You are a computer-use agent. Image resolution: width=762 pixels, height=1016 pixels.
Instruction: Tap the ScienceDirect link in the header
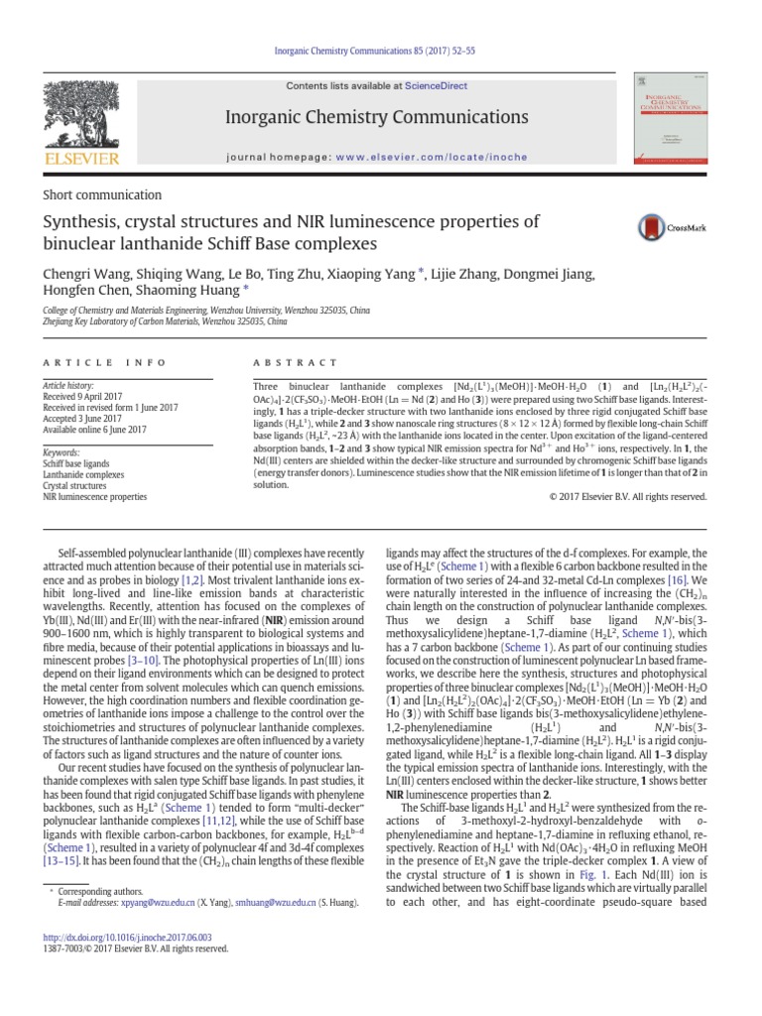[446, 86]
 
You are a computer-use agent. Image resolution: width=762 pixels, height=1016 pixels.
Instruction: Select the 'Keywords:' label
[62, 451]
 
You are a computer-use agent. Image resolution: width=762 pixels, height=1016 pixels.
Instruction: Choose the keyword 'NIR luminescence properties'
[94, 495]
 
